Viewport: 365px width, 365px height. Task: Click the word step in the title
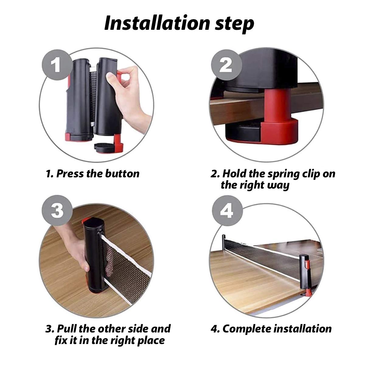click(235, 25)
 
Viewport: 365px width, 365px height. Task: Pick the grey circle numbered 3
click(57, 210)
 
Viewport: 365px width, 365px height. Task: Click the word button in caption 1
click(122, 173)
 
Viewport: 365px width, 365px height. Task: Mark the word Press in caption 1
click(70, 173)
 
